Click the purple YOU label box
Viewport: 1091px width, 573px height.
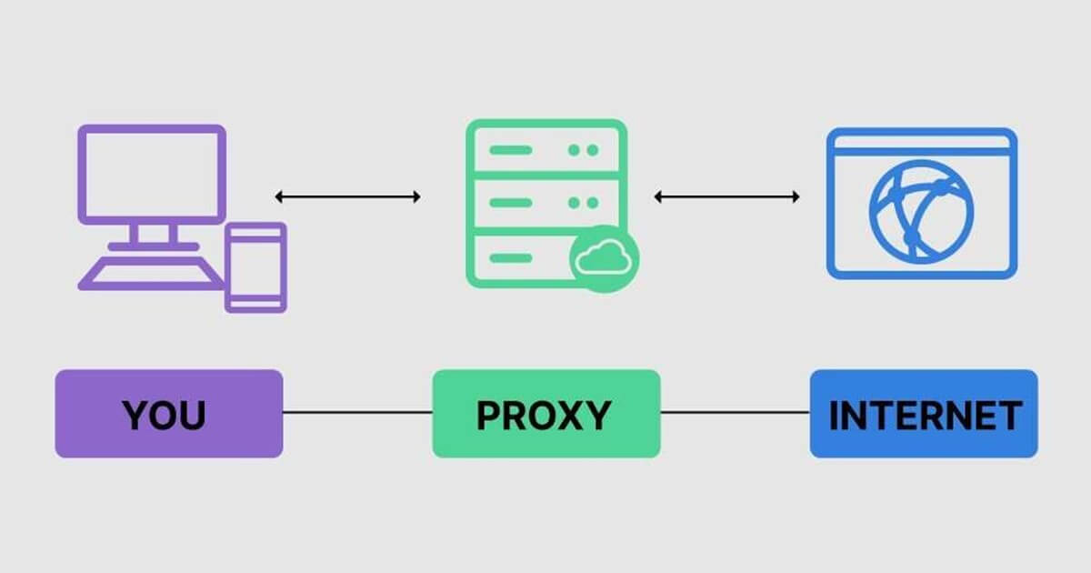pyautogui.click(x=169, y=414)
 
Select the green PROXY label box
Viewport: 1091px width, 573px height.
pyautogui.click(x=546, y=414)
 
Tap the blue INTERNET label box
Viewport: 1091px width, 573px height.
pyautogui.click(x=924, y=414)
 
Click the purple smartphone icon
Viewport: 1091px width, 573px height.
pyautogui.click(x=255, y=267)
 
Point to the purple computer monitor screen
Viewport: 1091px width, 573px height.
pyautogui.click(x=152, y=175)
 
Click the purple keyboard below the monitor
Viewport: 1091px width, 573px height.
pyautogui.click(x=151, y=274)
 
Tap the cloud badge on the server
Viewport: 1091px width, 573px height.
pyautogui.click(x=604, y=258)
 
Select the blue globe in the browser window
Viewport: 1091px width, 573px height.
pyautogui.click(x=922, y=212)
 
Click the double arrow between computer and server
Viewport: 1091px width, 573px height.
pyautogui.click(x=347, y=196)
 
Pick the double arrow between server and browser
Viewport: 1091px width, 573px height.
pyautogui.click(x=726, y=196)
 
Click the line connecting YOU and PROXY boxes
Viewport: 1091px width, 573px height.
pyautogui.click(x=357, y=412)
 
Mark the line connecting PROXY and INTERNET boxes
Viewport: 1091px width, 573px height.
pyautogui.click(x=735, y=412)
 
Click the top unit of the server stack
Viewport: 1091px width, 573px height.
pyautogui.click(x=546, y=148)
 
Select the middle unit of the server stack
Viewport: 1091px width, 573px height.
pyautogui.click(x=546, y=203)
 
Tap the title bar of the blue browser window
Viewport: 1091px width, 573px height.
pyautogui.click(x=922, y=143)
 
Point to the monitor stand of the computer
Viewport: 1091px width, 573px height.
pyautogui.click(x=153, y=237)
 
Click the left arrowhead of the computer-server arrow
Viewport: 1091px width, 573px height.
pyautogui.click(x=278, y=196)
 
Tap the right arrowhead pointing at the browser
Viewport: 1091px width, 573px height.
pyautogui.click(x=796, y=196)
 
